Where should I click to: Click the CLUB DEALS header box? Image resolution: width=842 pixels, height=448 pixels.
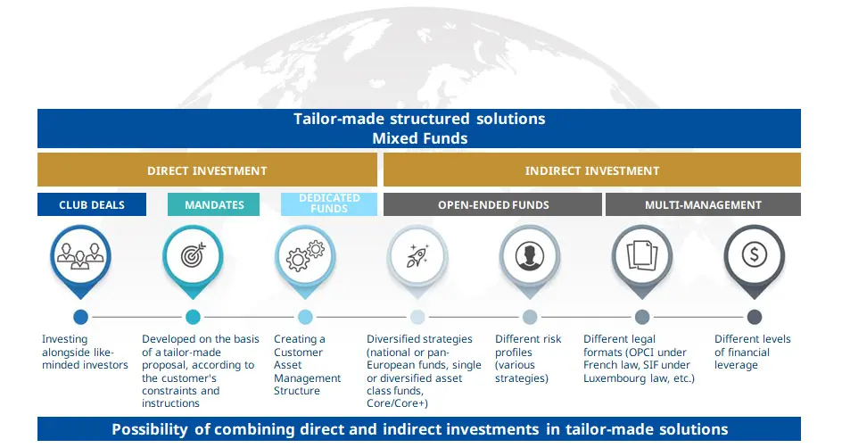click(92, 204)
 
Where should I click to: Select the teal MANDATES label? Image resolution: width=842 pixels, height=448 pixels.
click(214, 204)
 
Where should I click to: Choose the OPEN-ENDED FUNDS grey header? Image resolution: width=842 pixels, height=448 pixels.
click(492, 204)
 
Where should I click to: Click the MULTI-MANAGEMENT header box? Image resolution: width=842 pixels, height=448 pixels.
click(703, 204)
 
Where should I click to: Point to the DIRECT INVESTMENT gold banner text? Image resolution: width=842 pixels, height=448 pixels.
click(207, 170)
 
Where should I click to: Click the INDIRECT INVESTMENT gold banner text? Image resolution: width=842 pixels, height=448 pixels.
click(591, 170)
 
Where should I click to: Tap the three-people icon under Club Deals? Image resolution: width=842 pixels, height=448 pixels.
click(81, 254)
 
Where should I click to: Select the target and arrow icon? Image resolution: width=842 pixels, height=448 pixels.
click(193, 255)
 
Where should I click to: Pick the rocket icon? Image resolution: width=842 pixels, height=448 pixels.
click(417, 255)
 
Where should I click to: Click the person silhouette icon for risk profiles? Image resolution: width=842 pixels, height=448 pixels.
click(530, 255)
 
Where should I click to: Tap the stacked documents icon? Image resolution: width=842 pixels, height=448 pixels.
click(642, 255)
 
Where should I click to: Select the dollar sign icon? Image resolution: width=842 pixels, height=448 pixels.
click(755, 255)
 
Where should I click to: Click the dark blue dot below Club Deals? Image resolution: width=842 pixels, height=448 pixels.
click(81, 317)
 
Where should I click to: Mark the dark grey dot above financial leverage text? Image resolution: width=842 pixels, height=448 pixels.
click(755, 317)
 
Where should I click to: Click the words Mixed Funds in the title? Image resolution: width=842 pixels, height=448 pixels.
click(419, 138)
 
